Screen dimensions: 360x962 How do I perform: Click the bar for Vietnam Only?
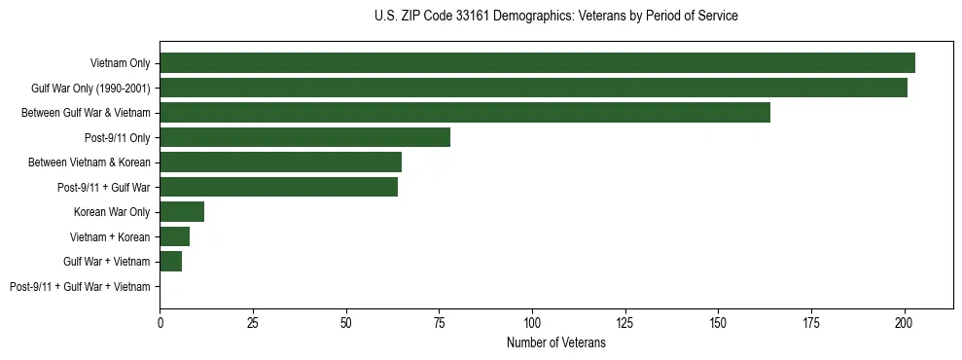(x=537, y=63)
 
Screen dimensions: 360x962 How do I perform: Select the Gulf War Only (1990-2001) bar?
(x=533, y=89)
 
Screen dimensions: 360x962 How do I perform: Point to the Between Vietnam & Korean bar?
(x=280, y=162)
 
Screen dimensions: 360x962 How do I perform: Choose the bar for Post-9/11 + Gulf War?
(x=278, y=187)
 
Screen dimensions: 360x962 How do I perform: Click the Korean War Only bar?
(x=182, y=212)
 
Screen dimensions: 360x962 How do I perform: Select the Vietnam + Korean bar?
(x=174, y=236)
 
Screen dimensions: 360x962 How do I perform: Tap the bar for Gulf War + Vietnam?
(x=170, y=262)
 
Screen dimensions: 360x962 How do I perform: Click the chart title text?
(x=555, y=17)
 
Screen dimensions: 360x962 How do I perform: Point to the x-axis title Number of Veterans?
(x=555, y=342)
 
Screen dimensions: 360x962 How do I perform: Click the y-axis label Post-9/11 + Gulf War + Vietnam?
(x=80, y=287)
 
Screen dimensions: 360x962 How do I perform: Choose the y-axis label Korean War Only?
(x=112, y=212)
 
